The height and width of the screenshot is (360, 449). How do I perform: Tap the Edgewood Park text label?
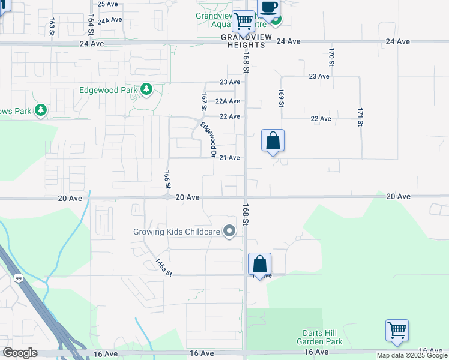[109, 91]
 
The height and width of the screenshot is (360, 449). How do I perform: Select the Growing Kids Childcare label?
[176, 231]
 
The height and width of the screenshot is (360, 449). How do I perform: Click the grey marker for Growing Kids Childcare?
[229, 231]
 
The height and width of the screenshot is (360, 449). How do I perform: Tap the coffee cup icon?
[268, 8]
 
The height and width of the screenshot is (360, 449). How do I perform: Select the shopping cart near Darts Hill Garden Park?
[397, 331]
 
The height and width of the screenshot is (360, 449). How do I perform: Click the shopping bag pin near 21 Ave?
[273, 142]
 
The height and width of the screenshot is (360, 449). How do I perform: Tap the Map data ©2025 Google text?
[412, 355]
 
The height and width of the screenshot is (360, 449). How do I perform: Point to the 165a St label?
[163, 267]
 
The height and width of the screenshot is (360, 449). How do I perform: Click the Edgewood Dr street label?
[208, 139]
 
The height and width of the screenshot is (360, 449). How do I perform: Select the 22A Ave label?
[228, 101]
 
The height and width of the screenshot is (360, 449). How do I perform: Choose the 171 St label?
[360, 117]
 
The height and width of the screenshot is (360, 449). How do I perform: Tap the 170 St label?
[331, 57]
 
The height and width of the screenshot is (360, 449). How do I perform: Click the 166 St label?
[167, 178]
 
